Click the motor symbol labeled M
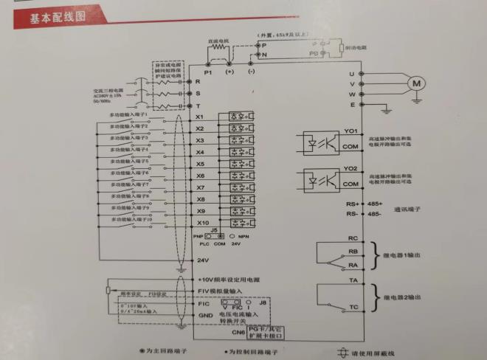(x=418, y=83)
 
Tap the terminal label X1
(x=199, y=117)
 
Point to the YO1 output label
(x=350, y=132)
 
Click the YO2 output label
(x=350, y=170)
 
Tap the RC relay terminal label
(x=353, y=238)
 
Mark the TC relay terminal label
(x=353, y=305)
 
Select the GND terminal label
(x=206, y=315)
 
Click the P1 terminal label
(x=208, y=73)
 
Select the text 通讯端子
(x=410, y=210)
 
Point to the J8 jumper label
(x=263, y=301)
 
